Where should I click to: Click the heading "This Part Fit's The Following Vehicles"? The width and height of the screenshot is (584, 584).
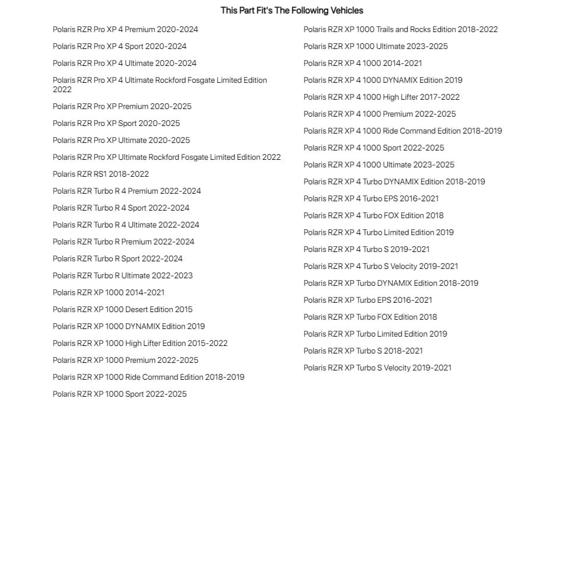[292, 11]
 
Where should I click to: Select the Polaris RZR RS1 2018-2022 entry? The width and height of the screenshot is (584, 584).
[100, 174]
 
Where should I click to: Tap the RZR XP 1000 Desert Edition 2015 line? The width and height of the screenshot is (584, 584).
[123, 309]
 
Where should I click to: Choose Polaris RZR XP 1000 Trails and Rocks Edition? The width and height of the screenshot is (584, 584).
[400, 29]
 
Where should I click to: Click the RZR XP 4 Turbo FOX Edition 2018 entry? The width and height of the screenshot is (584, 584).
[373, 215]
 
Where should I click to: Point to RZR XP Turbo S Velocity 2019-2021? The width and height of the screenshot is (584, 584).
[377, 368]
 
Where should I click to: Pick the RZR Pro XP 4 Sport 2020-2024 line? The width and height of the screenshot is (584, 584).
[120, 46]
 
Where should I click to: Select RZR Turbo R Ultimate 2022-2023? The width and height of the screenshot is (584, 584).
[123, 275]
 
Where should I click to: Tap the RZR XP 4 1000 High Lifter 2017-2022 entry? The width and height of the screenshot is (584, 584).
[381, 97]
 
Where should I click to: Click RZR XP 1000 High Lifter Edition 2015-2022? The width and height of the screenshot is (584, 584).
[140, 343]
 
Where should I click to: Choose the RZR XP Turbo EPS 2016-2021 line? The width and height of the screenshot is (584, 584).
[368, 300]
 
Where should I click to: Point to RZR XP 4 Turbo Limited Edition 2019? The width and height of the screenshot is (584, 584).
[378, 232]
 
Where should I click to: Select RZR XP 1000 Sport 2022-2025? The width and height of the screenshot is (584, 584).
[120, 394]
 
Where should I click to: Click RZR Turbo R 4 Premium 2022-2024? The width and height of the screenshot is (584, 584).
[127, 191]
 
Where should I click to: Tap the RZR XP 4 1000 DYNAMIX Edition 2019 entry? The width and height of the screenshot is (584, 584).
[383, 80]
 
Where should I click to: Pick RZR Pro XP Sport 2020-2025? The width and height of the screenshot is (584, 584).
[116, 123]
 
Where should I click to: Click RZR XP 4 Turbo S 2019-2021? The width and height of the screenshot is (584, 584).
[366, 249]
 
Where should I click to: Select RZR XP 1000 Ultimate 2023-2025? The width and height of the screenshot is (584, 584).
[376, 46]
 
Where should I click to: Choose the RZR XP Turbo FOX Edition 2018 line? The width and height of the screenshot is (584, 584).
[370, 317]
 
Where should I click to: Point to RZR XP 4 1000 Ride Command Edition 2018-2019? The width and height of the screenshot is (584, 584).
[403, 131]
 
